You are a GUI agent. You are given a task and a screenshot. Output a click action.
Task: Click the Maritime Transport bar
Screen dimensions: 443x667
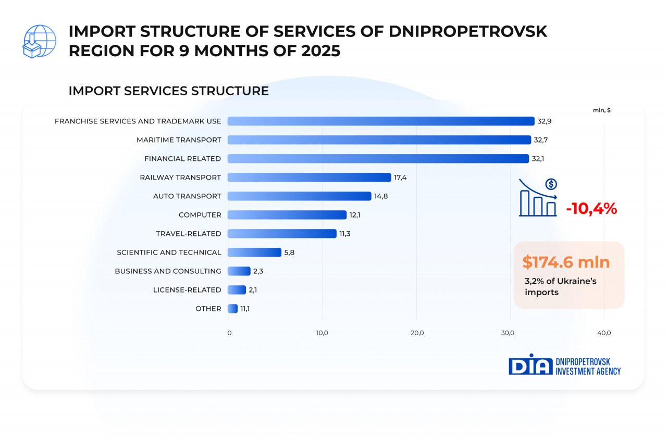(x=379, y=140)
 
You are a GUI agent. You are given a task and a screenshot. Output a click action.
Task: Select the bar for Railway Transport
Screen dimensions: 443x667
(x=310, y=178)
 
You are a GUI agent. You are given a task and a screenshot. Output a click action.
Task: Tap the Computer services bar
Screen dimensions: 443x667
(x=287, y=215)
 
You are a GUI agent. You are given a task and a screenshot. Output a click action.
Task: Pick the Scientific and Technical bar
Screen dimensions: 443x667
(x=254, y=252)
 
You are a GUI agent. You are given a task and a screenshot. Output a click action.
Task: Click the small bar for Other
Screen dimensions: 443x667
(x=233, y=309)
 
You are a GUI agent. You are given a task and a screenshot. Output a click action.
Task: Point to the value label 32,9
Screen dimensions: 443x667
(x=545, y=121)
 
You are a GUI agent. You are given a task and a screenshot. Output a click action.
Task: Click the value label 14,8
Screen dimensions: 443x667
(x=381, y=196)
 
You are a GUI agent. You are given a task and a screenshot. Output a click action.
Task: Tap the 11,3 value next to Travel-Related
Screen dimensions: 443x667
(x=345, y=234)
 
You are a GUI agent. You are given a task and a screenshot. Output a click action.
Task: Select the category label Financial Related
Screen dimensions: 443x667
(x=182, y=159)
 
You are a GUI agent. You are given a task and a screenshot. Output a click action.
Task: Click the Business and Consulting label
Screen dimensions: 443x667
(x=168, y=271)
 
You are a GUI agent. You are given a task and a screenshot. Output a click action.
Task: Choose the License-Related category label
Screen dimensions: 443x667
(x=187, y=290)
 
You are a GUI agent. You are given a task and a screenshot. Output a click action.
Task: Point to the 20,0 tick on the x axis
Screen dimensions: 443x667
(x=417, y=333)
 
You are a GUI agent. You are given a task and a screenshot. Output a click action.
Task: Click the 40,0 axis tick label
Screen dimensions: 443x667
(x=604, y=333)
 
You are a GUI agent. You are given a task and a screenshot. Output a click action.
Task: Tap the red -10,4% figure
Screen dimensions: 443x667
(x=591, y=209)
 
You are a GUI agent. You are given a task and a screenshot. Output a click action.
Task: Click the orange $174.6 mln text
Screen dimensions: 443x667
(x=566, y=262)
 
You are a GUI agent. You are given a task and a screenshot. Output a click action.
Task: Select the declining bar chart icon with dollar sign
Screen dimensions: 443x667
(x=538, y=198)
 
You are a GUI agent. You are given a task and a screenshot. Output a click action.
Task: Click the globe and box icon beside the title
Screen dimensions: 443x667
(x=40, y=41)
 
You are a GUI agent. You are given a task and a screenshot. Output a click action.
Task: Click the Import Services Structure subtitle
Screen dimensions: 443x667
(x=169, y=91)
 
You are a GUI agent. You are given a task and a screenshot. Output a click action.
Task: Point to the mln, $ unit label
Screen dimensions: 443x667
(x=602, y=110)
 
